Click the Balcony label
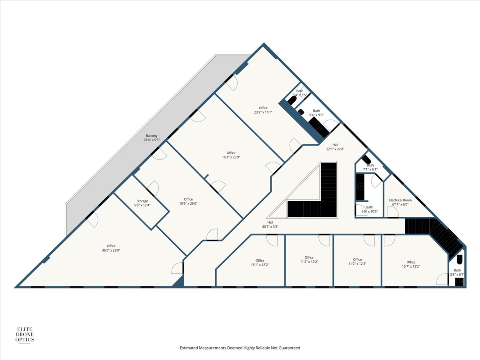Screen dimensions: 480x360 [x=151, y=136]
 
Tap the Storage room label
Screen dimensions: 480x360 [x=142, y=201]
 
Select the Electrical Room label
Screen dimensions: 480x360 [x=400, y=200]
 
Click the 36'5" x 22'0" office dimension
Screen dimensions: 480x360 [x=111, y=250]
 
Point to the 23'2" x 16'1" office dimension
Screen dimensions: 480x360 [x=263, y=112]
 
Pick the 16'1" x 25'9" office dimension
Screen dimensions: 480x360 [x=231, y=157]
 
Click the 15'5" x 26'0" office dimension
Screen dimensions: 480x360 [x=188, y=204]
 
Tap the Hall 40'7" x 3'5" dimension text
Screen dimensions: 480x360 [x=270, y=227]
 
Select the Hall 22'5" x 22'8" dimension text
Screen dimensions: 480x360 [x=335, y=149]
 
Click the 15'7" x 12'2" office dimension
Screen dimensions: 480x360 [x=411, y=266]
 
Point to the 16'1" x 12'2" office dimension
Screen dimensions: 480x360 [x=260, y=265]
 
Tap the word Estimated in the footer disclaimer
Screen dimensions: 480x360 [x=188, y=348]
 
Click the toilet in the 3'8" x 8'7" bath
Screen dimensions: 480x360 [x=460, y=259]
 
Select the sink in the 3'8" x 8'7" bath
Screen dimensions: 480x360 [x=459, y=282]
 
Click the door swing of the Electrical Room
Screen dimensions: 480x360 [x=393, y=212]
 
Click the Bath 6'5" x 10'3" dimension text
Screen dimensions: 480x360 [x=370, y=212]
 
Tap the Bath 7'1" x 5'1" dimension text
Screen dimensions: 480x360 [x=370, y=169]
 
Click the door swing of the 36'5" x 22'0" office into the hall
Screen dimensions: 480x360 [x=177, y=268]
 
